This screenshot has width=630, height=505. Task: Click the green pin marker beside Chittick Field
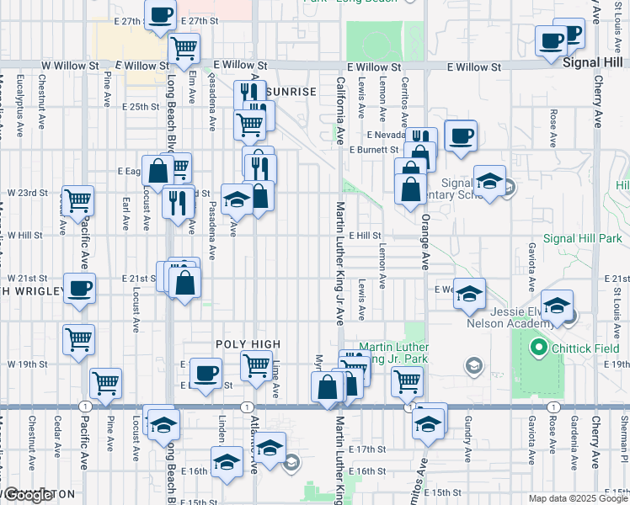pyautogui.click(x=537, y=346)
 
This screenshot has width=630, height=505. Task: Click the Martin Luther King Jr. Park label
pyautogui.click(x=393, y=353)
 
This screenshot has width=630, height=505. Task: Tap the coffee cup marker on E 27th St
pyautogui.click(x=161, y=14)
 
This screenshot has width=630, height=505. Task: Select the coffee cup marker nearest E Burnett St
pyautogui.click(x=461, y=136)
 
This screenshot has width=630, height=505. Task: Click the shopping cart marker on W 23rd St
pyautogui.click(x=77, y=200)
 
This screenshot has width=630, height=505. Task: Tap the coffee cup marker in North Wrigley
pyautogui.click(x=79, y=289)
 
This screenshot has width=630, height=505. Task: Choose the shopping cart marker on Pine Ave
pyautogui.click(x=106, y=383)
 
